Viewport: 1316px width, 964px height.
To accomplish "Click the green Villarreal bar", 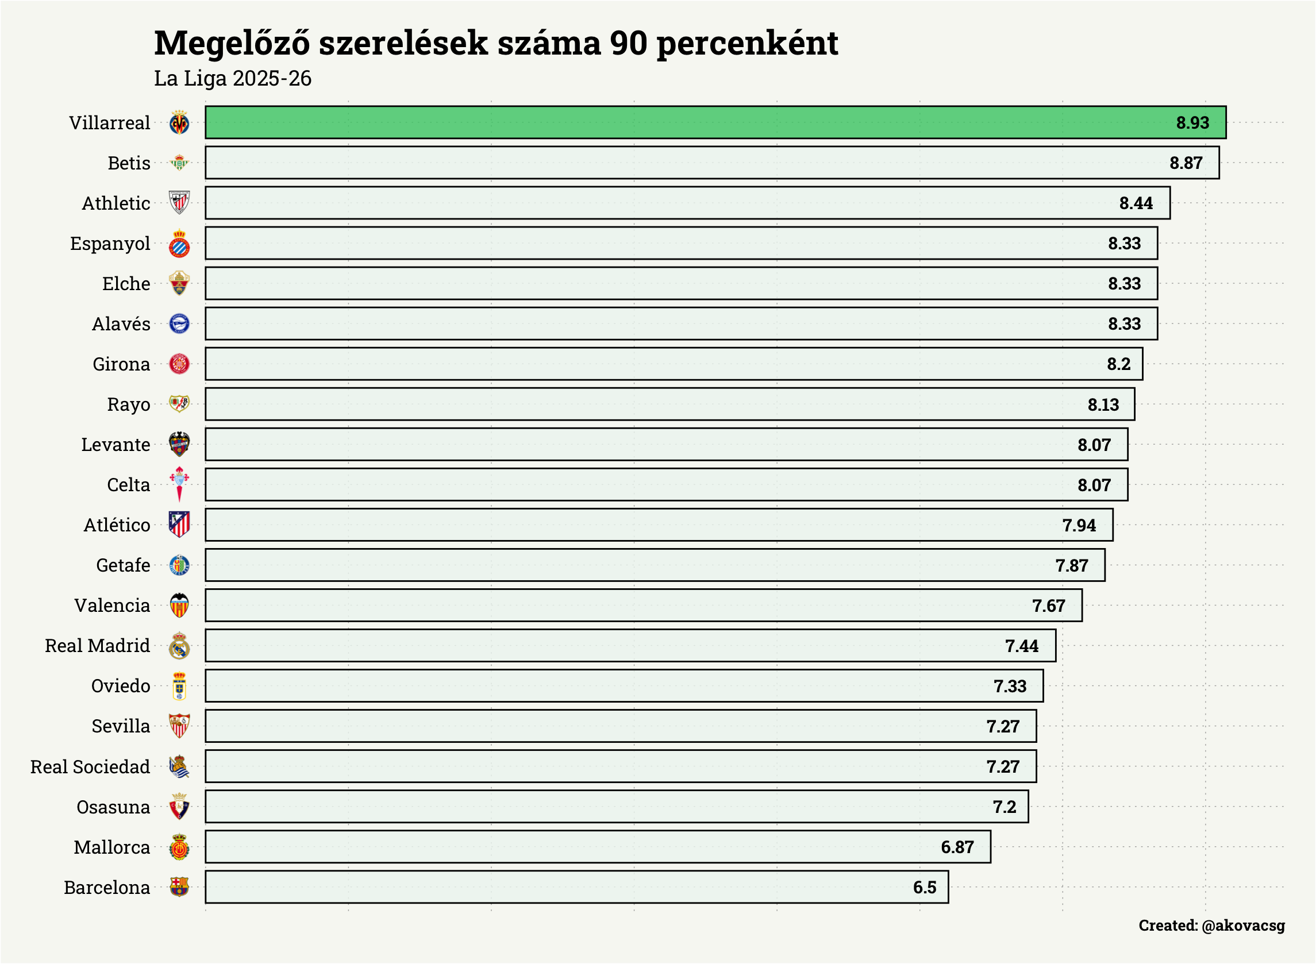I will [715, 122].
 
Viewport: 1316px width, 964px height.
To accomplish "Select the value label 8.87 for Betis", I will [1186, 163].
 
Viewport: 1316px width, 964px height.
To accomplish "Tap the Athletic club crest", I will [179, 202].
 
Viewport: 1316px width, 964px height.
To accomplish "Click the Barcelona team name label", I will [107, 888].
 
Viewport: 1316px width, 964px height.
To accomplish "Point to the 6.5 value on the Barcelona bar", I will [925, 888].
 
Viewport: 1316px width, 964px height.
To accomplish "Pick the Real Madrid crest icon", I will [179, 646].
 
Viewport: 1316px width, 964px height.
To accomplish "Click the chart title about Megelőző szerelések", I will [495, 43].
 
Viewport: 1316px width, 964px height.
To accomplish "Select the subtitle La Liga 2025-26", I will [232, 78].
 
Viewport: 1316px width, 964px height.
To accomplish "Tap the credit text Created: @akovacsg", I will [1211, 926].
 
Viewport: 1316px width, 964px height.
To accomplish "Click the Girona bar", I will [674, 364].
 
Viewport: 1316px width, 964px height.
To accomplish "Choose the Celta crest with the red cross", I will [179, 484].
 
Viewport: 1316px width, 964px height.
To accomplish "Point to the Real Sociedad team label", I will [90, 767].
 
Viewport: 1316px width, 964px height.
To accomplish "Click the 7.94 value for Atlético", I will [1079, 525].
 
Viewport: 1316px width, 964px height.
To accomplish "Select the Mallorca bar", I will [598, 847].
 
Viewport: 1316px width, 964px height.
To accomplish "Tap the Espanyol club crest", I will [179, 244].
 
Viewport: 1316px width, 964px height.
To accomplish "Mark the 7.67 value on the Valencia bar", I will [1048, 606].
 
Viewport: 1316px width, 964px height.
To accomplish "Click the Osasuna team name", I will [113, 807].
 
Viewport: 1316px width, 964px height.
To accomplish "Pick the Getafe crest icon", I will [179, 565].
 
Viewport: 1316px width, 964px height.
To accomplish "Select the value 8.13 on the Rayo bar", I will [1103, 404].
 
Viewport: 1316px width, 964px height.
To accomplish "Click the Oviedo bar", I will [624, 685].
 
